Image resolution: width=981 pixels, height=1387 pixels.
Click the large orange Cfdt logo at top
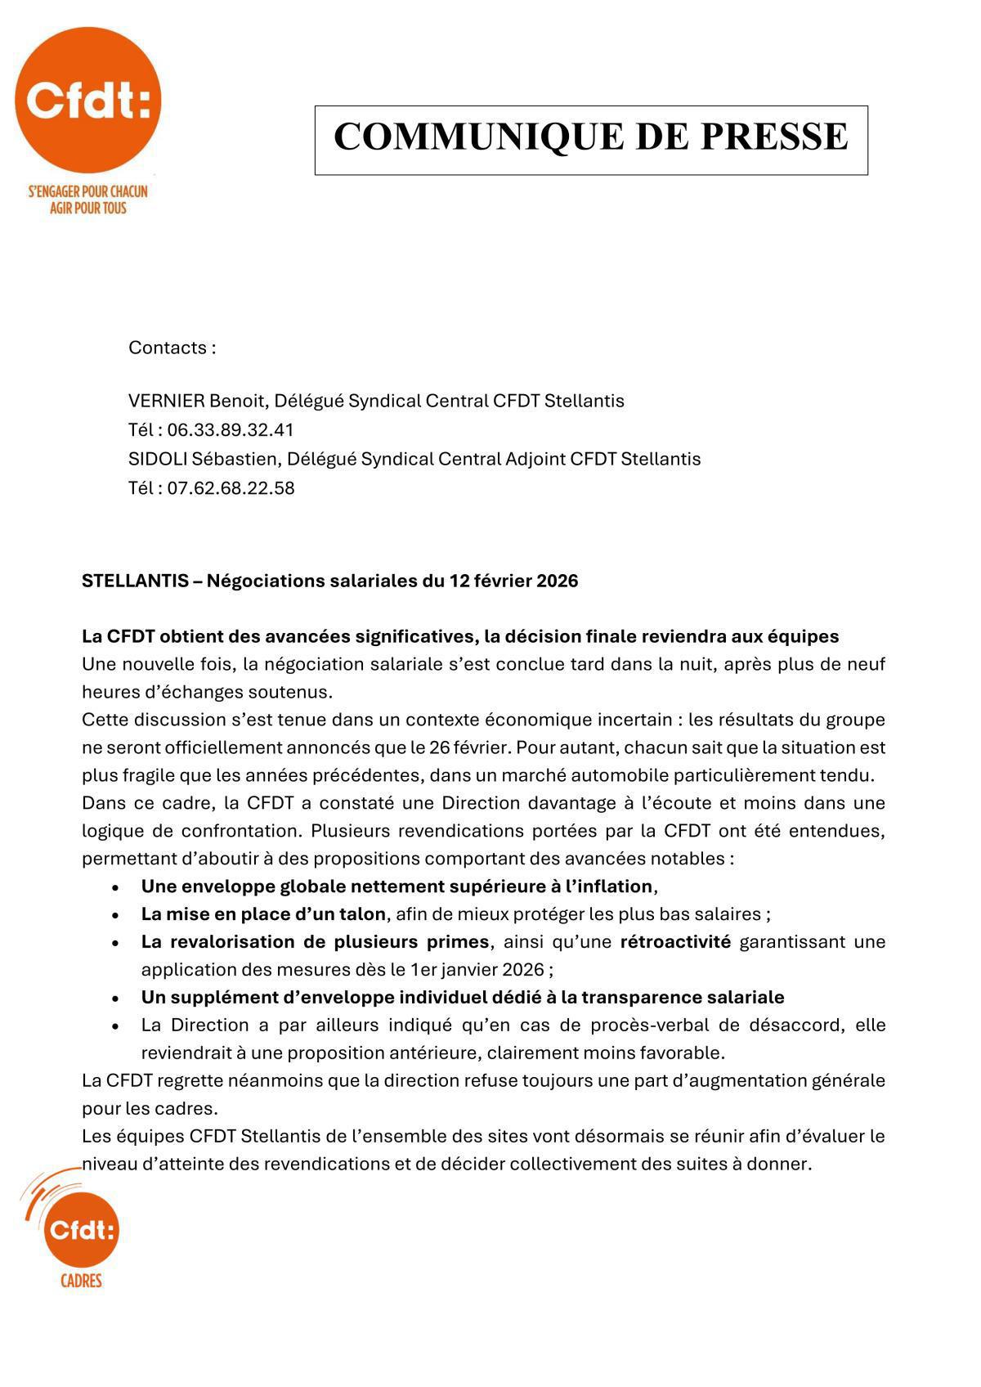point(87,100)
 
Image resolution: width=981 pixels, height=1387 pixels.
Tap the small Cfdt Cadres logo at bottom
point(79,1228)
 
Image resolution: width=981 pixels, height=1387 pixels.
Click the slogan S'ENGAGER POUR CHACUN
point(87,191)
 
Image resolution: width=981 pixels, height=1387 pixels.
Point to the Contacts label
point(172,348)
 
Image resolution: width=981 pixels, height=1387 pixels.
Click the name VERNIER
point(166,401)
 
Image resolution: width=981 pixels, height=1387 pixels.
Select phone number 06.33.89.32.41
point(230,430)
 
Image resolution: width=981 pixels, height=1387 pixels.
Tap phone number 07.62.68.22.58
point(231,488)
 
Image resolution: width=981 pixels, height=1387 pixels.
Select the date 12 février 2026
point(513,581)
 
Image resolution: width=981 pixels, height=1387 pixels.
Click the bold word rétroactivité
point(675,941)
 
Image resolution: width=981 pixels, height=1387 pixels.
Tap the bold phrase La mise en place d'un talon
point(262,913)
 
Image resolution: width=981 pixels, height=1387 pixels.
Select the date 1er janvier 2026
point(477,970)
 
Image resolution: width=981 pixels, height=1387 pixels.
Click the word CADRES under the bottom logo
point(81,1281)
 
